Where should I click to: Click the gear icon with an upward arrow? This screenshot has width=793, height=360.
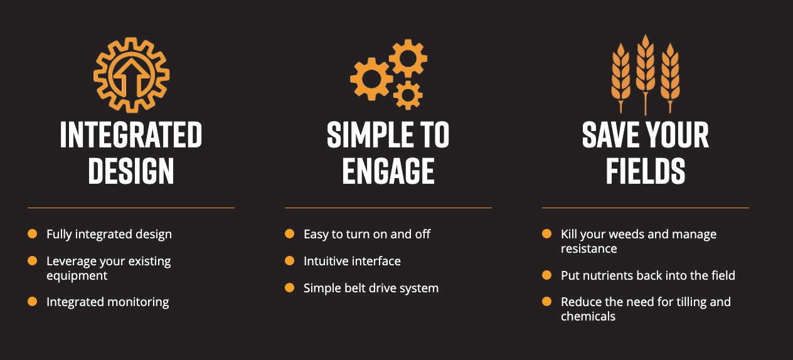[131, 75]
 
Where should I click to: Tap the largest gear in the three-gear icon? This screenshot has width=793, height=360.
[371, 79]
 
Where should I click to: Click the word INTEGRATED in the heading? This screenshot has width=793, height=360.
[131, 135]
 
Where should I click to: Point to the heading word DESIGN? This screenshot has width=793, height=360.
[131, 171]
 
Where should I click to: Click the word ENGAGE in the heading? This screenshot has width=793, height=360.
[388, 171]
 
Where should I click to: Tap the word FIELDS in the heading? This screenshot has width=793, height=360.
[646, 171]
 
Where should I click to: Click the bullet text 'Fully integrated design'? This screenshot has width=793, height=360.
[109, 234]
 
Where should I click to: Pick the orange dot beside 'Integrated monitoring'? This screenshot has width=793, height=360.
[33, 302]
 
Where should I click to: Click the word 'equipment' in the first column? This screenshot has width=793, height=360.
[77, 275]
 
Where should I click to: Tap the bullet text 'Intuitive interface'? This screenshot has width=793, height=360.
[352, 261]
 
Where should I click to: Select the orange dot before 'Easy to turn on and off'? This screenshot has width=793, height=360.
[290, 234]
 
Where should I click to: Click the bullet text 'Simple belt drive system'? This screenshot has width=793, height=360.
[371, 288]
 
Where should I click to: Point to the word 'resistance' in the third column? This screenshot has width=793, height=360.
[588, 248]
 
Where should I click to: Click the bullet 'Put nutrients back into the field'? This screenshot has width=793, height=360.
[647, 275]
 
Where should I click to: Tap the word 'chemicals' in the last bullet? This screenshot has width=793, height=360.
[588, 316]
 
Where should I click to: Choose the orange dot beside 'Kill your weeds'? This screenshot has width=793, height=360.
[547, 234]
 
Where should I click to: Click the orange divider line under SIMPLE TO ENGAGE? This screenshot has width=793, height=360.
[388, 208]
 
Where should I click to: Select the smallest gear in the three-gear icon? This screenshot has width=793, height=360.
[408, 95]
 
